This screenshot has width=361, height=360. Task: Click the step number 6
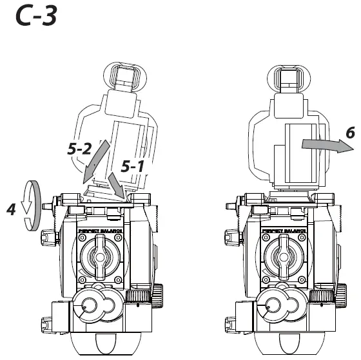coord(349,133)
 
